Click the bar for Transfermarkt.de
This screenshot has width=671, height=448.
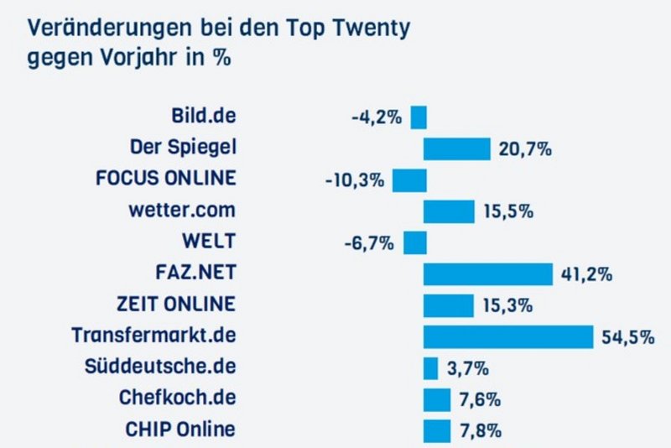[508, 336]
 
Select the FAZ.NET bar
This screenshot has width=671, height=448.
[488, 273]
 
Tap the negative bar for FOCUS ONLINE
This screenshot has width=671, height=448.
[409, 180]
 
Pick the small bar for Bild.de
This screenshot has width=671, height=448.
[419, 117]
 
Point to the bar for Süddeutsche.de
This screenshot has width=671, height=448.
[430, 368]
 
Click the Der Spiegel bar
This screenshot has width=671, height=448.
[456, 148]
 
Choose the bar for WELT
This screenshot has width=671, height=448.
[415, 242]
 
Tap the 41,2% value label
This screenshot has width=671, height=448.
[585, 274]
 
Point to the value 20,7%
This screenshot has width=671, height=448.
[523, 149]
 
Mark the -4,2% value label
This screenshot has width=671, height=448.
[377, 117]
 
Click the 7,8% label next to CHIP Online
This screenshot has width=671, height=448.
[480, 431]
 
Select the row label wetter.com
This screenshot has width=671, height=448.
[183, 210]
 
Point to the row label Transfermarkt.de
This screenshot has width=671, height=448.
[153, 336]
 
